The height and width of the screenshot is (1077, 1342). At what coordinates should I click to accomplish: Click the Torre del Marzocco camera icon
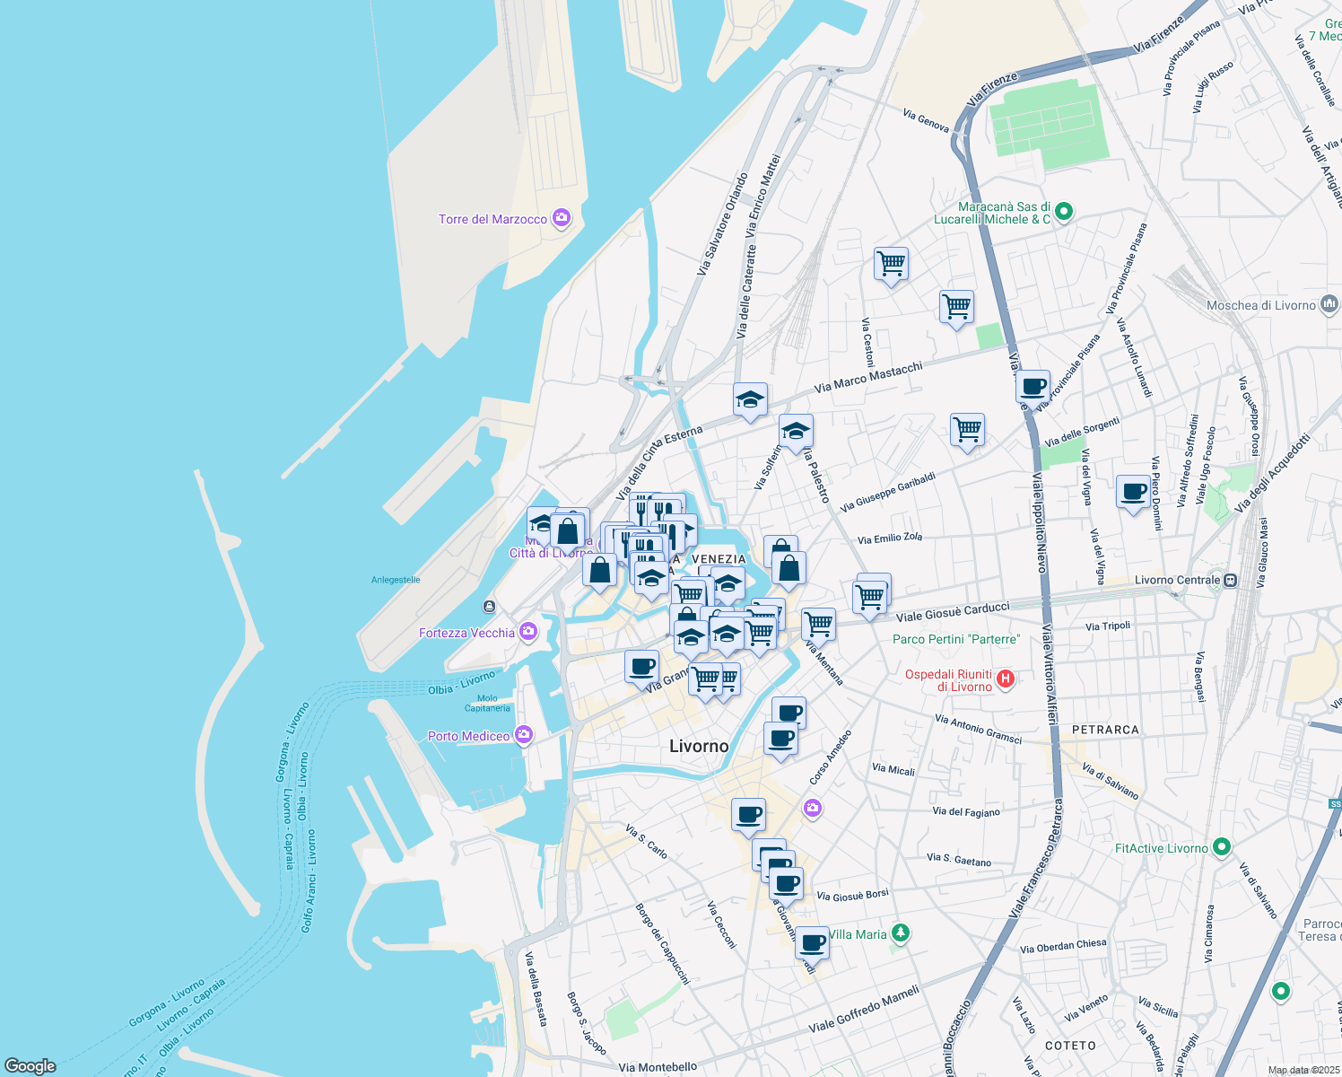point(562,218)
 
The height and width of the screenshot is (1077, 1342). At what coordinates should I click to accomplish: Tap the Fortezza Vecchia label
point(466,634)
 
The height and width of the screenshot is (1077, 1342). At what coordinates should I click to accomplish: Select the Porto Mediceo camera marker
point(524,736)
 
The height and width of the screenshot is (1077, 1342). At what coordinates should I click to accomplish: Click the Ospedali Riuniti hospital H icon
point(1006,679)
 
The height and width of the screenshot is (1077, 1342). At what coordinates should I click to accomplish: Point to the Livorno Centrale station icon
point(1231,580)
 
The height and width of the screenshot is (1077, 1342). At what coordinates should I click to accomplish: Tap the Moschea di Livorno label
point(1260,305)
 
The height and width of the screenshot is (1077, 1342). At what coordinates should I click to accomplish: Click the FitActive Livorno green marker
point(1221,846)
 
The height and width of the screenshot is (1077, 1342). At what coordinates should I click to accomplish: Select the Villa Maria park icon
point(901,933)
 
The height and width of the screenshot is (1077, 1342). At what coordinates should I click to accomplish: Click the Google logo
point(30,1066)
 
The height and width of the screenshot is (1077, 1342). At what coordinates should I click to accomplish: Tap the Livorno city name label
point(699,746)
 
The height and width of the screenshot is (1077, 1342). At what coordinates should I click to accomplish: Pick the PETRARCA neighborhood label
point(1105,730)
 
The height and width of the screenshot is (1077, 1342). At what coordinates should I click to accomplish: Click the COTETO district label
point(1070,1046)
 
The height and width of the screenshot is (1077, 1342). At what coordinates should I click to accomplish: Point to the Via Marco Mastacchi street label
point(867,378)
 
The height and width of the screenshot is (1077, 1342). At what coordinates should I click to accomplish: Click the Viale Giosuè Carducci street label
point(953,612)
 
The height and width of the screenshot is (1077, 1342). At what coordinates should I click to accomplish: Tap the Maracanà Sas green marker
point(1064,213)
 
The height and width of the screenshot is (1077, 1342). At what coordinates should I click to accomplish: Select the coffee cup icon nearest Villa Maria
point(812,943)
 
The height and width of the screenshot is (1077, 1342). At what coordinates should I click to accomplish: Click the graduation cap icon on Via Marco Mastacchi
point(750,400)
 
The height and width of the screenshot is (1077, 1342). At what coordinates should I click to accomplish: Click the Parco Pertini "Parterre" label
point(956,639)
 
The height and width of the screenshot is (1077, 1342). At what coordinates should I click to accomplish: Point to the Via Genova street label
point(926,120)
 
